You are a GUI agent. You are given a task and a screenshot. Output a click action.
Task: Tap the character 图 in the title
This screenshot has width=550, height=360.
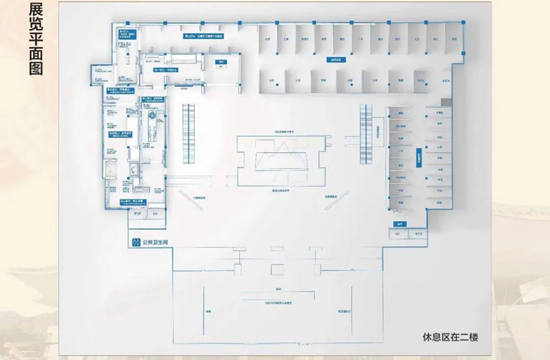click(36, 69)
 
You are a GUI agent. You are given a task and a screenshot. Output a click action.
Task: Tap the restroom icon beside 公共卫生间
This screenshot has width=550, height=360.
click(135, 243)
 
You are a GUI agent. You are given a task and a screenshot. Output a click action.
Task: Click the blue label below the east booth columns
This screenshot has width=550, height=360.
click(401, 223)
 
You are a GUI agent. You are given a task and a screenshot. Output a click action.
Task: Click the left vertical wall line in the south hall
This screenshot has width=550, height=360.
click(204, 311)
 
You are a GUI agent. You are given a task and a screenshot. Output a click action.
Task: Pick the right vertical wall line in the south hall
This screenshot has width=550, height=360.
click(351, 311)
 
